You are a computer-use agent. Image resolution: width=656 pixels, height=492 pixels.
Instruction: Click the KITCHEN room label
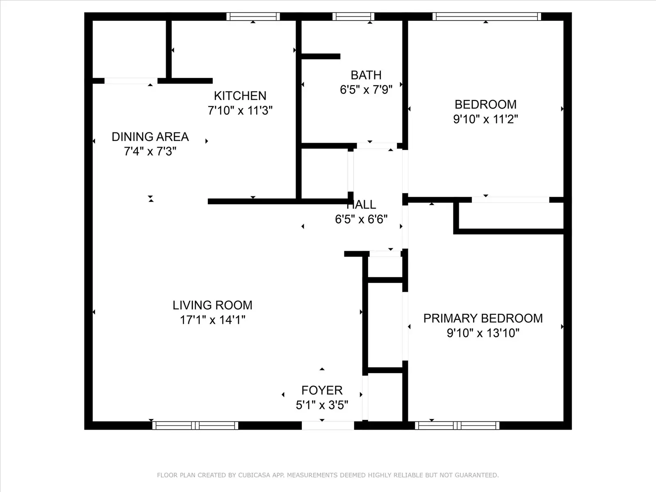tap(240, 96)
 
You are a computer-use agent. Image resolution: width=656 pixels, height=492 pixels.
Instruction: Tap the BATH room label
tap(366, 75)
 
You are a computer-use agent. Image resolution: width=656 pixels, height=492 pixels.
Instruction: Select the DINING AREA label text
tap(150, 137)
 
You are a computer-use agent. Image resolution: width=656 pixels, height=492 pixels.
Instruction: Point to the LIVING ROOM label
tap(212, 305)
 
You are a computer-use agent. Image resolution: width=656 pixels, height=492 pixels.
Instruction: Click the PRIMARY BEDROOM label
tap(483, 319)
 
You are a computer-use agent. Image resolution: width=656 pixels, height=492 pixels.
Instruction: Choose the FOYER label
tap(322, 390)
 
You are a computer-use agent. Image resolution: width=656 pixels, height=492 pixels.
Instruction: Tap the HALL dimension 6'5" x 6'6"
tap(361, 220)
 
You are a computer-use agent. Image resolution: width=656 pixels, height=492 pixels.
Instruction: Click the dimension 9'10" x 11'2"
tap(486, 119)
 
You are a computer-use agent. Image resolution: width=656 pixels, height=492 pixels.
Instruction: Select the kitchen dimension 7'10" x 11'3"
tap(240, 111)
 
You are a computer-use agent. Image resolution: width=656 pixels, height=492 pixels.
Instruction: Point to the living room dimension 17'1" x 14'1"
tap(212, 320)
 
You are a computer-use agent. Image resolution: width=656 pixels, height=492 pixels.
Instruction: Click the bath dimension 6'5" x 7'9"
tap(366, 90)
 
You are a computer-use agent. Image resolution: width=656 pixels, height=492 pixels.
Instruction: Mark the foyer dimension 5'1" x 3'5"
tap(322, 405)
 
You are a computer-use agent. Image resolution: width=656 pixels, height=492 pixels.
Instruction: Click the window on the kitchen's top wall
tap(253, 16)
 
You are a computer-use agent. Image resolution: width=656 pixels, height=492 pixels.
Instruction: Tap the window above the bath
tap(353, 16)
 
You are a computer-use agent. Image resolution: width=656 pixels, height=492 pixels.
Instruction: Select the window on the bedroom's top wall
tap(487, 16)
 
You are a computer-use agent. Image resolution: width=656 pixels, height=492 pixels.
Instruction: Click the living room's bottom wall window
tap(195, 426)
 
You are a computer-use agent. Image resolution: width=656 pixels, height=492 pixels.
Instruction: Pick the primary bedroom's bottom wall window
tap(457, 426)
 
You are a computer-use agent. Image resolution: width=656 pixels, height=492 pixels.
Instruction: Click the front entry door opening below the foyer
tap(328, 426)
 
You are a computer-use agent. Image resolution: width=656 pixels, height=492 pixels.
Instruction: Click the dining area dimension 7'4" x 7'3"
tap(150, 151)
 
